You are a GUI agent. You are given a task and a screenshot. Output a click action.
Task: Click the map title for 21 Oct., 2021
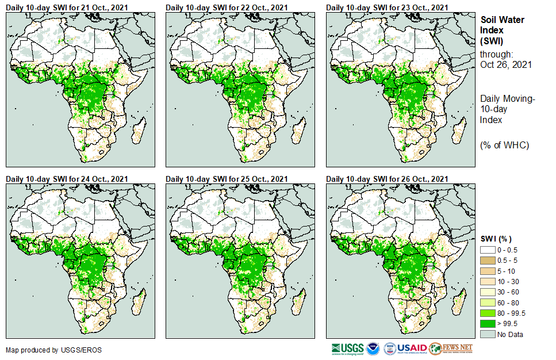(67, 7)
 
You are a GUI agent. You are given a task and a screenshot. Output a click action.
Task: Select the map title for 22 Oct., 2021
(227, 7)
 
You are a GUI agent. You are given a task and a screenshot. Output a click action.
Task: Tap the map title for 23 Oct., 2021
(387, 7)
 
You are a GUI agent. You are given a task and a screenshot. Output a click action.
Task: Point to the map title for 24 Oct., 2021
(67, 179)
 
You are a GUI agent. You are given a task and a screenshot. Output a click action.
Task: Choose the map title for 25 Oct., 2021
(227, 179)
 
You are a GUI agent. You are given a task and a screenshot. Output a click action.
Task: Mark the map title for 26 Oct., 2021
(387, 179)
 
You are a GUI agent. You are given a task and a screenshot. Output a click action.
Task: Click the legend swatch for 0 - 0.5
(488, 250)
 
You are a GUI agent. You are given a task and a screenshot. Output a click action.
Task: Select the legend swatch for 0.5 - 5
(488, 260)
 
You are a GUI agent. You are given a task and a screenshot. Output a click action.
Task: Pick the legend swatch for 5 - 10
(488, 270)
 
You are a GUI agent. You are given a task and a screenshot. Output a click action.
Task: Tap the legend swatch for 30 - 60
(488, 292)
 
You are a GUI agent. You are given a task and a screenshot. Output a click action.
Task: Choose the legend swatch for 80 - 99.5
(488, 313)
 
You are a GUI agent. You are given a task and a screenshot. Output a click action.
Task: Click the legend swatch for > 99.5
(488, 323)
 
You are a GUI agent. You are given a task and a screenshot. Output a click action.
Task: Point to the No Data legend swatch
(488, 334)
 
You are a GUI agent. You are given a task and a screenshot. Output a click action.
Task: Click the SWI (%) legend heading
(496, 239)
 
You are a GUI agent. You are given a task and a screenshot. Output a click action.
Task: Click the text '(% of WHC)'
(504, 145)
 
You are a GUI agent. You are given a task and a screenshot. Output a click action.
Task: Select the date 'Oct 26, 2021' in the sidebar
(505, 64)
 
